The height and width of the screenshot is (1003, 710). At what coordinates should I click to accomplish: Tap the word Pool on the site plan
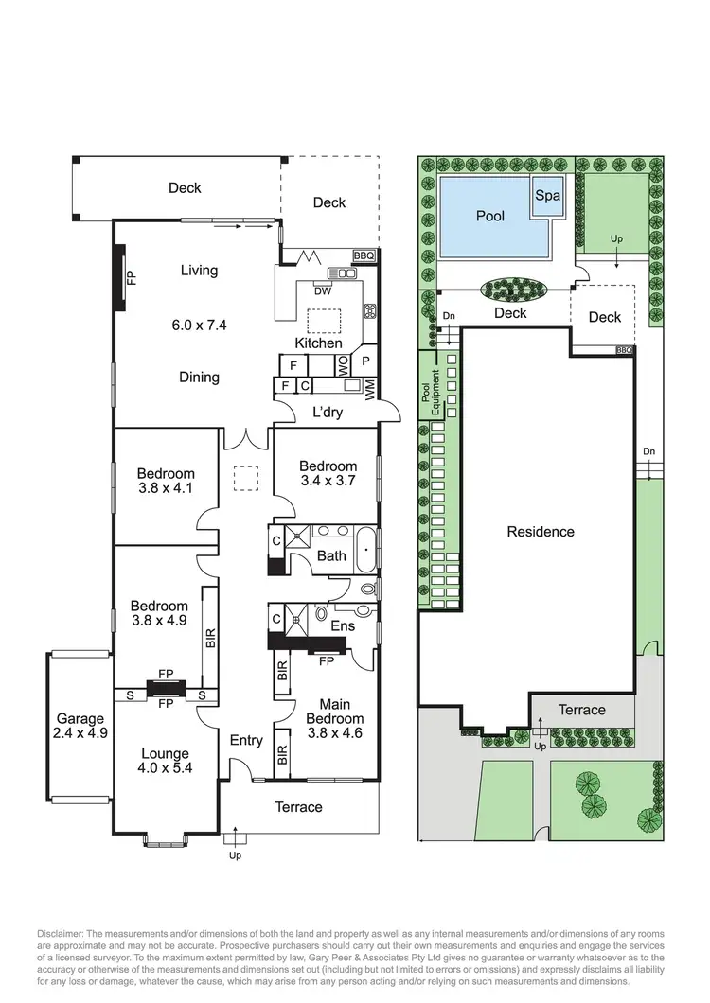pos(489,216)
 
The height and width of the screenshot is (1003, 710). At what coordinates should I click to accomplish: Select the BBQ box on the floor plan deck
pos(364,255)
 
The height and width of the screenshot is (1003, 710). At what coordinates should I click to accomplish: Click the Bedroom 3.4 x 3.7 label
pos(328,473)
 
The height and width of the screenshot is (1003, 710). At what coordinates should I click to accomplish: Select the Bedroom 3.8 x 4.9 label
pos(158,613)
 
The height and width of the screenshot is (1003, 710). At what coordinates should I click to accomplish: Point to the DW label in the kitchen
pos(322,291)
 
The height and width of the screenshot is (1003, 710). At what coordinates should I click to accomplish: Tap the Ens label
pos(341,625)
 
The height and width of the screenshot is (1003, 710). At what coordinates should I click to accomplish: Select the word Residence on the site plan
pos(540,531)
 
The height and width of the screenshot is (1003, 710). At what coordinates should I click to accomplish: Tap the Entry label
pos(246,741)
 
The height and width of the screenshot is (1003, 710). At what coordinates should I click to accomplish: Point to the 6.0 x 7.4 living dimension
pos(199,325)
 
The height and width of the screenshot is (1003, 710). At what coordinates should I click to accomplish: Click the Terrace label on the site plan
pos(581,710)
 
